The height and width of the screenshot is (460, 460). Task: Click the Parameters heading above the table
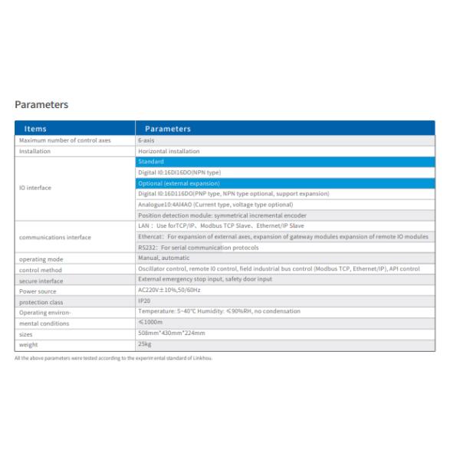(x=41, y=105)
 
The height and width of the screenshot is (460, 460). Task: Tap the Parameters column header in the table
(x=168, y=129)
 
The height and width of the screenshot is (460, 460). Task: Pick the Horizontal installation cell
(x=169, y=151)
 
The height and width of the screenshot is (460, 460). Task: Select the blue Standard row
(x=284, y=162)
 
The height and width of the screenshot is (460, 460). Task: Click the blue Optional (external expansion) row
(x=284, y=183)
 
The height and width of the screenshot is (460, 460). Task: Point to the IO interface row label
(x=35, y=188)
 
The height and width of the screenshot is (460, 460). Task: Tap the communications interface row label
(x=54, y=237)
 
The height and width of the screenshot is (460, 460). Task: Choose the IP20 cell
(x=143, y=301)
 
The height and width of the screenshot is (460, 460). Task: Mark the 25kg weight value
(x=144, y=345)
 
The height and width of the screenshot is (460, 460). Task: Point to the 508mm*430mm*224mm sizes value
(x=172, y=333)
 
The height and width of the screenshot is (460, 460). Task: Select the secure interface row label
(x=41, y=281)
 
